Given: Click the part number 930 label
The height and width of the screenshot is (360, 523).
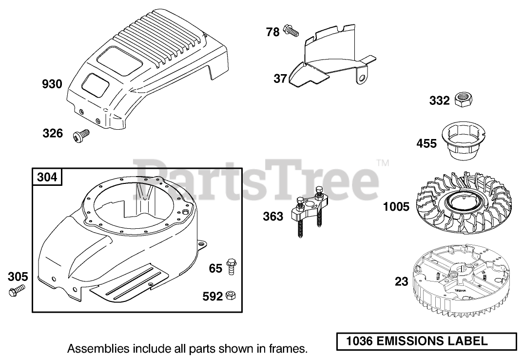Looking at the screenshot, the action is tap(52, 84).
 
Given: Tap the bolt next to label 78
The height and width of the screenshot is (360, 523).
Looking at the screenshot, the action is tap(291, 31).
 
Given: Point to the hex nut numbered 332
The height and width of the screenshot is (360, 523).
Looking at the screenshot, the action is tap(462, 100).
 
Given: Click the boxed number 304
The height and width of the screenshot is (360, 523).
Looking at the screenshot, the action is tap(47, 177).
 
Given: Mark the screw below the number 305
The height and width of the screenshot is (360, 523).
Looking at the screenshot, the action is tap(16, 292).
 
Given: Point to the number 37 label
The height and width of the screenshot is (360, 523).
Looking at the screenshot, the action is tap(280, 78).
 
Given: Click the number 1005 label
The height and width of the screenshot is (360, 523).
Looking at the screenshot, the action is tap(396, 207).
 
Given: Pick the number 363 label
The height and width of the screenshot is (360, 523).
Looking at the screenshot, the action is tap(273, 216).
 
